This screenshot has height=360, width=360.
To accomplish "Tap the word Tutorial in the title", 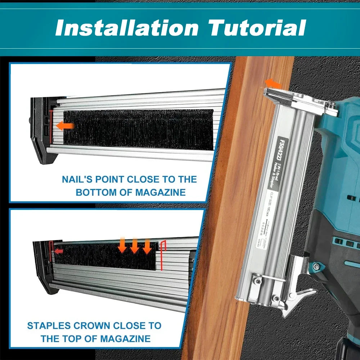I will pos(257,28).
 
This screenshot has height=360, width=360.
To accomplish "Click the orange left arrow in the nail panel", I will pos(66,126).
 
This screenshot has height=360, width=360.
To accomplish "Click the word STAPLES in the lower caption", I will pos(49,326).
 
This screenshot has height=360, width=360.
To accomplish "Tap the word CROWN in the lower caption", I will pos(93,326).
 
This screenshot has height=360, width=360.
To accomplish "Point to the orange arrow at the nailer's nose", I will pos(273,84).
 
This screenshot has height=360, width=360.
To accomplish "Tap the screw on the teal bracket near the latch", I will pos(316,266).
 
